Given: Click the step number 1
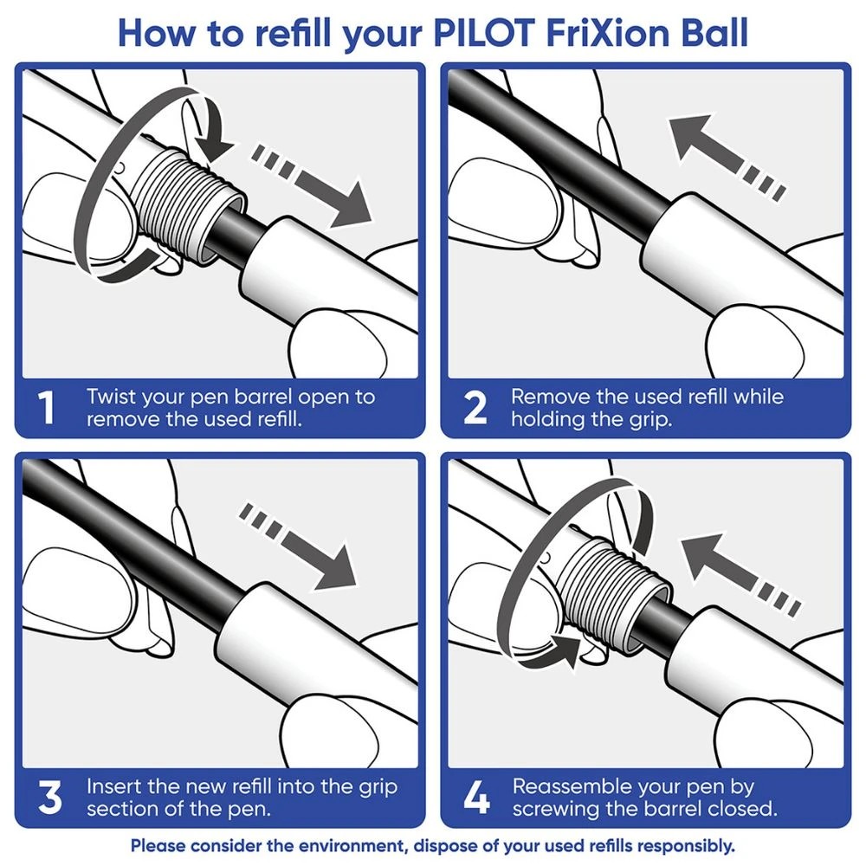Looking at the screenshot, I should (48, 408).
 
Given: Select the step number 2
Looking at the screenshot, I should (475, 408).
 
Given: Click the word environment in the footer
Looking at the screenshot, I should (352, 845).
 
